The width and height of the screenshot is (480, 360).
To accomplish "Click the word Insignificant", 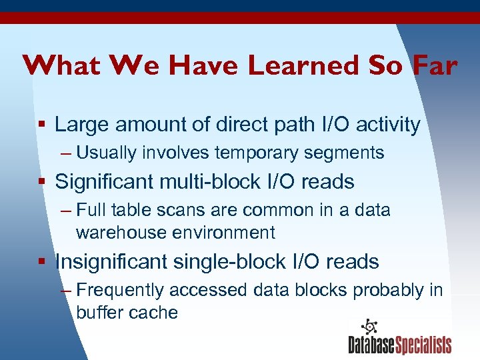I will click(111, 262).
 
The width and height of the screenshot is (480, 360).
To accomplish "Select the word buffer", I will click(97, 313).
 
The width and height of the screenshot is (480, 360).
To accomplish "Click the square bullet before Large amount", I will click(42, 125).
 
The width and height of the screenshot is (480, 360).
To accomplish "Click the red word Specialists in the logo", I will click(423, 345).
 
